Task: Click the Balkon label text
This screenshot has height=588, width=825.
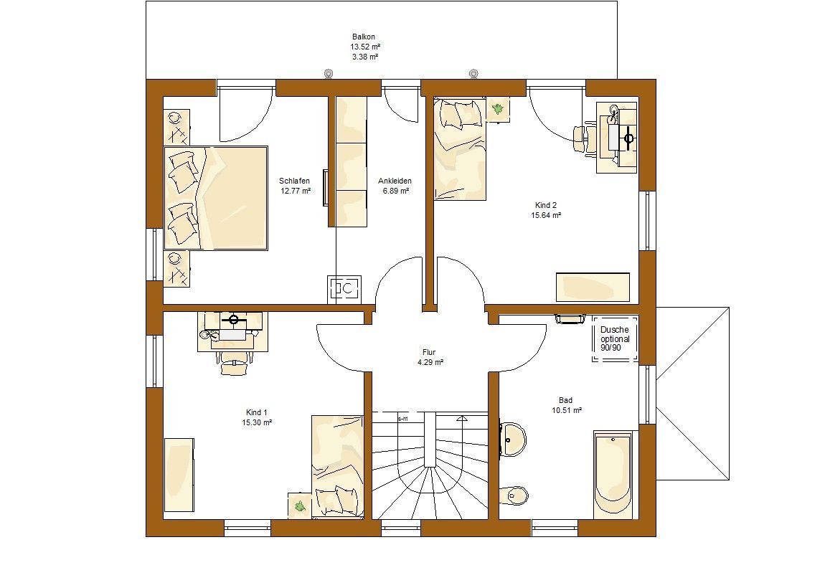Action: [x=364, y=37]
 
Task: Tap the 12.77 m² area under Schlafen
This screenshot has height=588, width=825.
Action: [x=295, y=191]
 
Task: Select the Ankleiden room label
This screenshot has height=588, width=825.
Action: [x=395, y=181]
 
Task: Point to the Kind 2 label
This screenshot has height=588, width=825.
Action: [x=546, y=205]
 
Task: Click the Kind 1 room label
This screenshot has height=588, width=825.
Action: [x=257, y=412]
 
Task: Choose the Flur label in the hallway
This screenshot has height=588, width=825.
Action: [x=429, y=352]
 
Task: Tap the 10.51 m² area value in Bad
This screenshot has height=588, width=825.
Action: [x=567, y=410]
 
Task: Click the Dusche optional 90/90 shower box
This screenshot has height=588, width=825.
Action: [x=615, y=338]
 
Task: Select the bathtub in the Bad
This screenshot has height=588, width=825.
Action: [x=613, y=475]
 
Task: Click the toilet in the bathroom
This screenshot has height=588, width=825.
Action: [x=514, y=495]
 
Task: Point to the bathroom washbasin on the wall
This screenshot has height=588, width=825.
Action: [x=512, y=437]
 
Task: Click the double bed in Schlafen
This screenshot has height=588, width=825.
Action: [x=216, y=198]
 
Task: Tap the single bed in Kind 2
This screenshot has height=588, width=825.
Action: [x=459, y=149]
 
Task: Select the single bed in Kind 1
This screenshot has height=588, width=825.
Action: [x=337, y=467]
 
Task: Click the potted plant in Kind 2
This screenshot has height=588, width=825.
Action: [x=498, y=109]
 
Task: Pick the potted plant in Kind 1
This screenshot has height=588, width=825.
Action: [x=300, y=506]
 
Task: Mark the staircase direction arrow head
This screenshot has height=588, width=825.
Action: [x=462, y=419]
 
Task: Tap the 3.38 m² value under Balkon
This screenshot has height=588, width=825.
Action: [x=365, y=57]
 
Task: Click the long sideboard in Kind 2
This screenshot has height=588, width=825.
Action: [x=593, y=287]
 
